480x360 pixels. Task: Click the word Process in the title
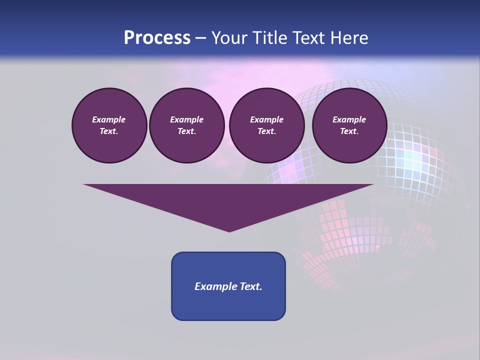coord(157,38)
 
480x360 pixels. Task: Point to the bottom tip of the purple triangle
coord(229,230)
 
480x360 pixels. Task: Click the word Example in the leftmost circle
coord(109,119)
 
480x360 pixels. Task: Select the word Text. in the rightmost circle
coord(349,131)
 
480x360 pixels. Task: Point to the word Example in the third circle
coord(266,119)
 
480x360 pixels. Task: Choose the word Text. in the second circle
coord(186,131)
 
